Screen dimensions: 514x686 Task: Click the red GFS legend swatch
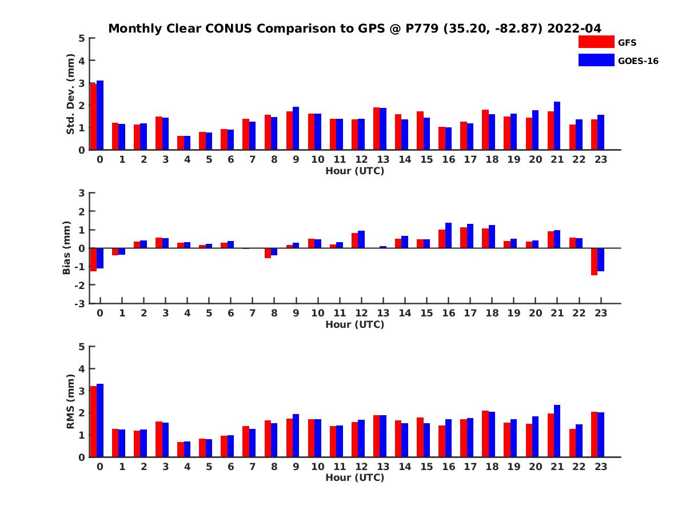pos(596,42)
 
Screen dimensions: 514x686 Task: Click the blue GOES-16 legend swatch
pos(596,60)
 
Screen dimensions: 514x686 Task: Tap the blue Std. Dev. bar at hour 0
pos(100,115)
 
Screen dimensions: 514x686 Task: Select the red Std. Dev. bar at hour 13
pos(377,128)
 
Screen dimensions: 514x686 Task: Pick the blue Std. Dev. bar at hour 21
pos(557,126)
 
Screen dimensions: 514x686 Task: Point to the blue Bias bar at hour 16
pos(448,235)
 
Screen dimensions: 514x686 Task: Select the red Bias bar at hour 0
pos(93,260)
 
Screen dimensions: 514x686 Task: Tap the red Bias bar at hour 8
pos(268,253)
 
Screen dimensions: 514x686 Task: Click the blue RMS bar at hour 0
pos(100,420)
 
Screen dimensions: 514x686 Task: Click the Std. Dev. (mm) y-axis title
pos(71,94)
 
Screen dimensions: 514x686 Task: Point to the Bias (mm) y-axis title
pos(67,248)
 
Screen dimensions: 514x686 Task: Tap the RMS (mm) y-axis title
pos(71,401)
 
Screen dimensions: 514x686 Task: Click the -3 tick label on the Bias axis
pos(81,303)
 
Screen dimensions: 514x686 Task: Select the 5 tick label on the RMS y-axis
pos(82,347)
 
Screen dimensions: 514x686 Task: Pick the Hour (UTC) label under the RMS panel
pos(354,477)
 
